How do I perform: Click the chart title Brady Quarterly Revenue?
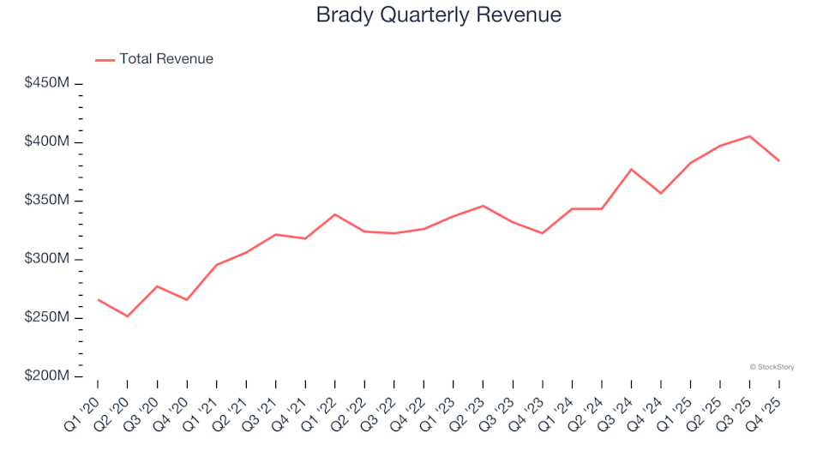[439, 15]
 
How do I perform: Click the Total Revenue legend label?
[166, 59]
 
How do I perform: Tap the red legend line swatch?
[105, 60]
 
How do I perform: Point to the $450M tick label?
[46, 83]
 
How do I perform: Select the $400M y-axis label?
[46, 141]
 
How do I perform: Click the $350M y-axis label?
[46, 201]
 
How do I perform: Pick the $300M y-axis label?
[46, 259]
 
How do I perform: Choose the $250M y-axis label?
[46, 318]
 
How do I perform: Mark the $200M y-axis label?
[46, 376]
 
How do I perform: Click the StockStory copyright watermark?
[772, 367]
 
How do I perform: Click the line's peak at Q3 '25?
[749, 136]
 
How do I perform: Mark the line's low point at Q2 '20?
[128, 316]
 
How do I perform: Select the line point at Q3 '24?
[631, 169]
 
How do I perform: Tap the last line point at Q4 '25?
[779, 160]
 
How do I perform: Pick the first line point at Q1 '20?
[98, 300]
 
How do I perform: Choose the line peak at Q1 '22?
[334, 214]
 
